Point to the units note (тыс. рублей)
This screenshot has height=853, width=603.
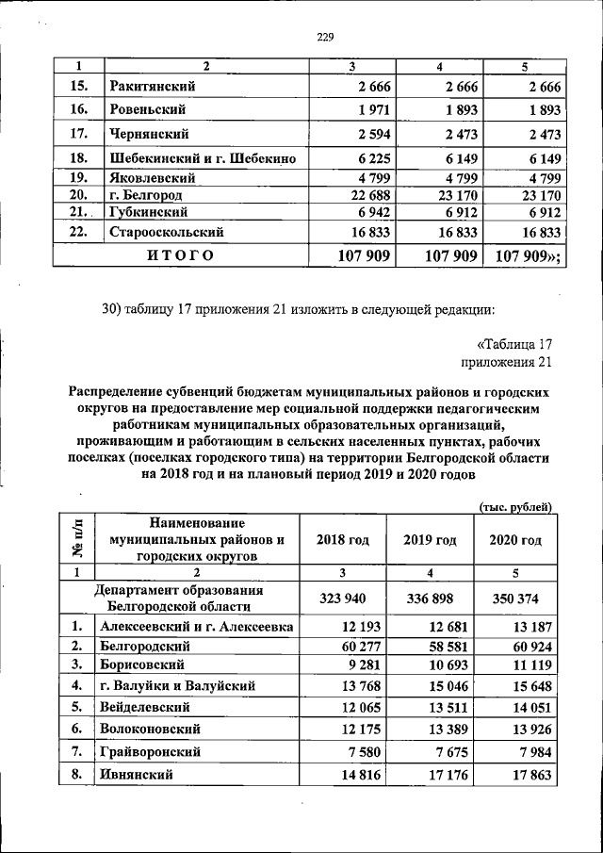click(x=516, y=505)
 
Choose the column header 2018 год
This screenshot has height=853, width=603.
click(x=343, y=540)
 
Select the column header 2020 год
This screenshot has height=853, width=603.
click(x=515, y=540)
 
